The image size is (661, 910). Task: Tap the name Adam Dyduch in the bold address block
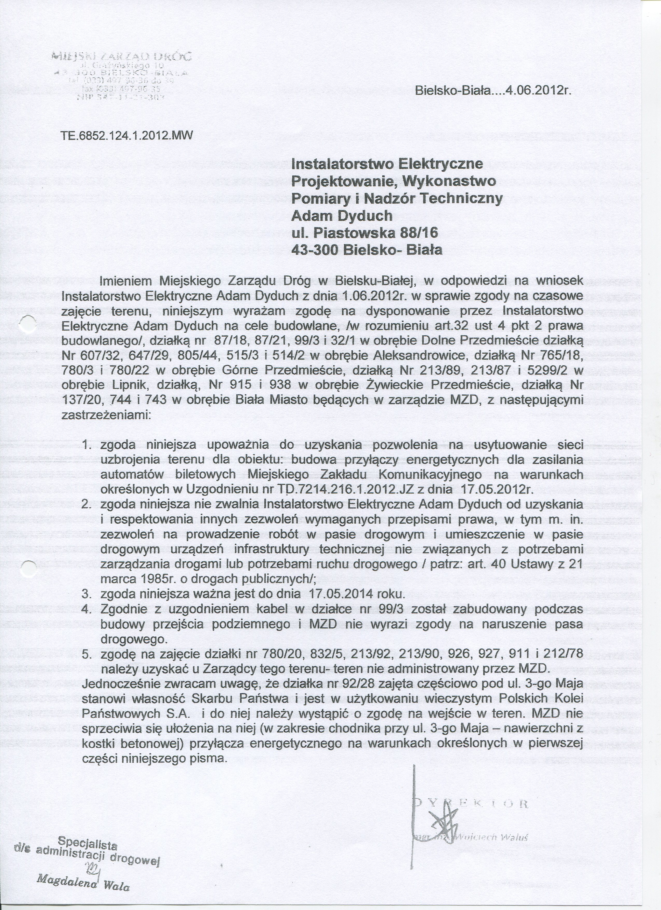pyautogui.click(x=342, y=216)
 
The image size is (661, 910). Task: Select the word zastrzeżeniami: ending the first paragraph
pyautogui.click(x=106, y=415)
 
